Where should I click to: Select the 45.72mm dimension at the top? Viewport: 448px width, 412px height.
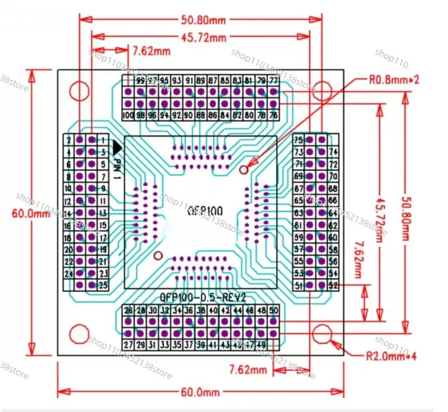coord(204,37)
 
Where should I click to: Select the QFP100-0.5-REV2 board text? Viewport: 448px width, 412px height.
coord(203,298)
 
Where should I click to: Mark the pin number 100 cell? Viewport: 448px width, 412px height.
coord(128,115)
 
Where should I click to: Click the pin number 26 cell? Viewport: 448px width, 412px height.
coord(128,310)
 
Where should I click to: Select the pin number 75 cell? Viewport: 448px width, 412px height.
coord(298,140)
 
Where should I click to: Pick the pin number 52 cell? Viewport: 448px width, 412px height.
coord(334,285)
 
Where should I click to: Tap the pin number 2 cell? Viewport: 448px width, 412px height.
coord(69,140)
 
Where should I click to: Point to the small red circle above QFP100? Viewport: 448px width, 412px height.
coord(245,169)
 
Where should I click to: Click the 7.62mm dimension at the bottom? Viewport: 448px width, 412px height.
coord(248,370)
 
